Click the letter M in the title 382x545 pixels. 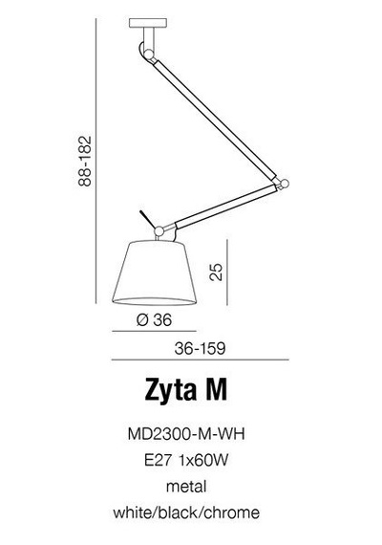[x=223, y=390]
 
